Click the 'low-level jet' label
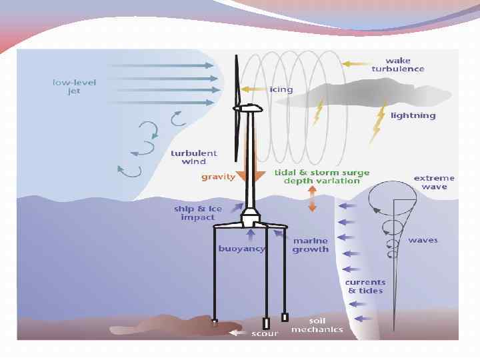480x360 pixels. [74, 87]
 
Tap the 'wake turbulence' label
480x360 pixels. [402, 65]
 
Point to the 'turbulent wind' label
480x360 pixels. [193, 157]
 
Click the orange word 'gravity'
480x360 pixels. [218, 177]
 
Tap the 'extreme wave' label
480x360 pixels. [434, 182]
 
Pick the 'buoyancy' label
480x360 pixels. [241, 249]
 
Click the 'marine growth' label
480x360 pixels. [310, 245]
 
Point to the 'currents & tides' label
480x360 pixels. [364, 287]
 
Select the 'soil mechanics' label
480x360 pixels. [317, 325]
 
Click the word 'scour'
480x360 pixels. [265, 333]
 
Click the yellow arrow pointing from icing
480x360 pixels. [253, 89]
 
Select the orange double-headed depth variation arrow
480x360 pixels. [311, 199]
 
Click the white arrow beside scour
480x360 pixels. [237, 332]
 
